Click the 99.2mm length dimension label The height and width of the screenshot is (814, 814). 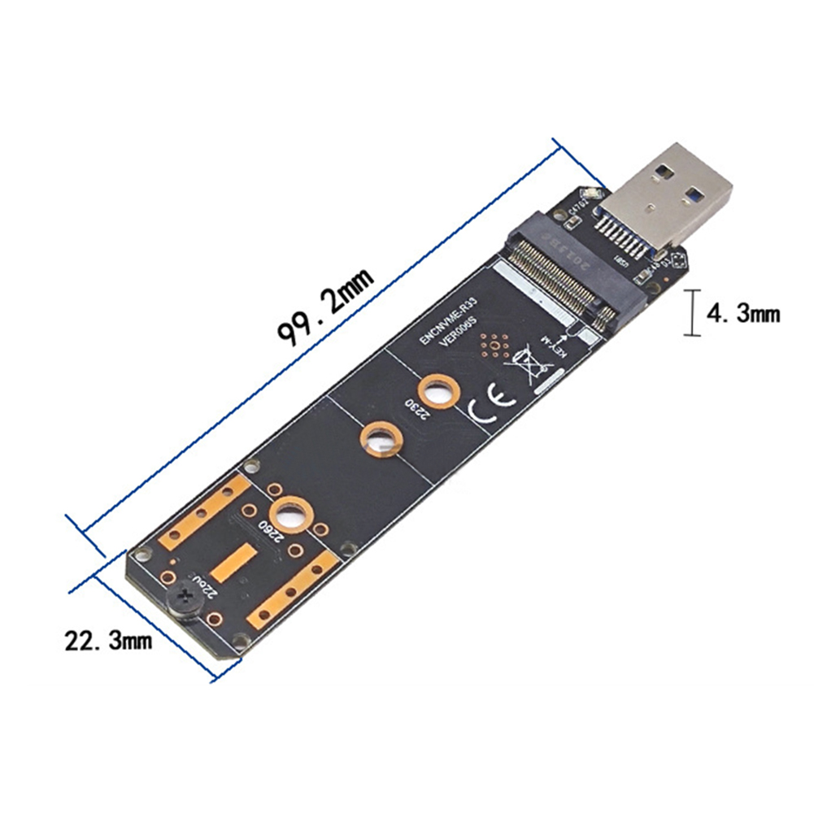pos(325,306)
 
